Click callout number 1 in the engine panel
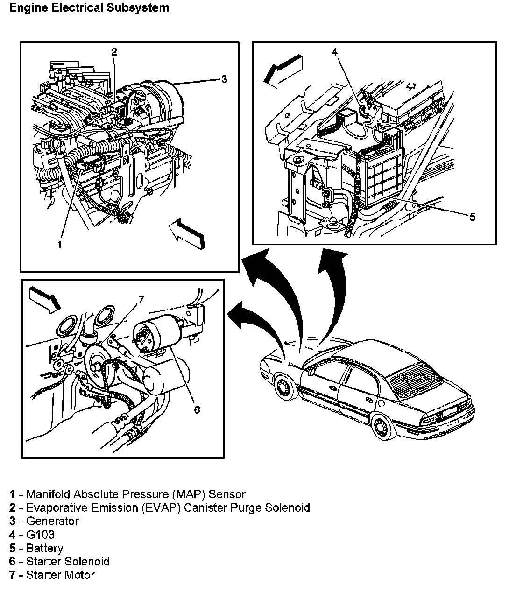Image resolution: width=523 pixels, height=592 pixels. [x=59, y=244]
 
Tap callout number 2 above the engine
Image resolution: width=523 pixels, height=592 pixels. [x=114, y=51]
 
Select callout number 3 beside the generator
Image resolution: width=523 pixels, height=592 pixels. [x=224, y=79]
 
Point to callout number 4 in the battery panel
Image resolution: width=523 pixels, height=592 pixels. [x=334, y=51]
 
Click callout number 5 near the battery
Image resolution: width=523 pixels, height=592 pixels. [x=472, y=217]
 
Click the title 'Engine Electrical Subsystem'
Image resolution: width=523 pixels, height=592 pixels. [x=89, y=8]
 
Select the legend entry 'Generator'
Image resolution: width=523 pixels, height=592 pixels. [x=52, y=521]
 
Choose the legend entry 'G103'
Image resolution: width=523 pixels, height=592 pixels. [x=40, y=535]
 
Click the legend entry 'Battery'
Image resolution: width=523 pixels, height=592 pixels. [x=44, y=548]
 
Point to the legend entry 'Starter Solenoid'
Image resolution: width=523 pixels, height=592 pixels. [x=67, y=562]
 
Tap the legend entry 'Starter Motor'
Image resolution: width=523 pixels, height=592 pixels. [x=60, y=575]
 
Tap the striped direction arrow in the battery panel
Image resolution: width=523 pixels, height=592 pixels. [x=283, y=70]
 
